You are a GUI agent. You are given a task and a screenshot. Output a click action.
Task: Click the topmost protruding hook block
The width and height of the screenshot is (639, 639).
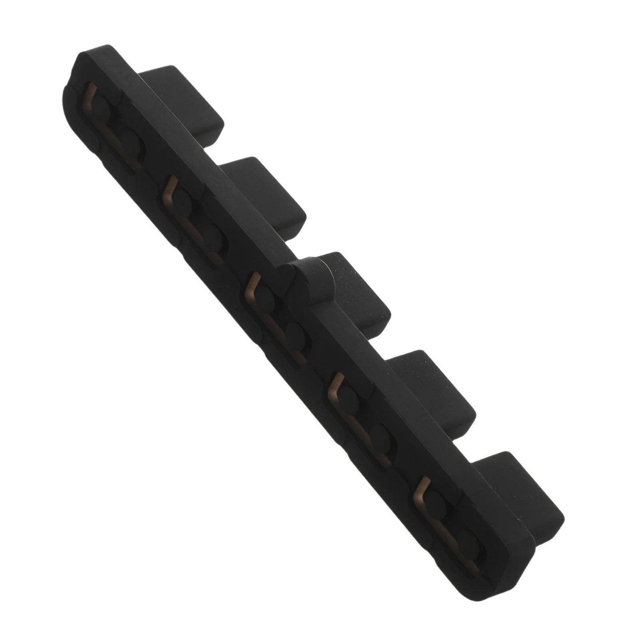click(x=188, y=100)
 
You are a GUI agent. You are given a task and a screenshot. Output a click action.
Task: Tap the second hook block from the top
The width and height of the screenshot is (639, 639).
click(x=268, y=192)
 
